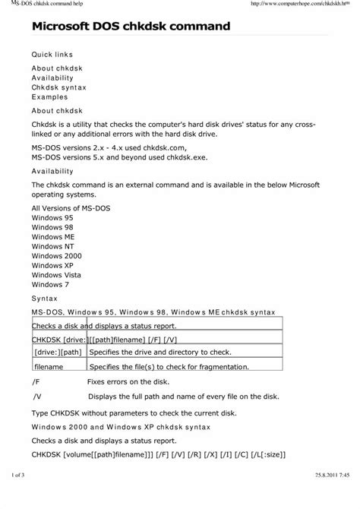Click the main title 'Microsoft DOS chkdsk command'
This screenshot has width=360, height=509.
[131, 27]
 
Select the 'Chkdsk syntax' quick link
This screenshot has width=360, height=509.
[58, 87]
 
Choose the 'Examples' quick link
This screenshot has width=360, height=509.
[49, 98]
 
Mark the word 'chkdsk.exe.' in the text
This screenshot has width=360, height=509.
[184, 156]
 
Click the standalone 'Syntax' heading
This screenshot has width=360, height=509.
[44, 299]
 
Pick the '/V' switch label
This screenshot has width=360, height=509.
[38, 396]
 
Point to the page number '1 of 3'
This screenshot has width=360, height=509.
[20, 495]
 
